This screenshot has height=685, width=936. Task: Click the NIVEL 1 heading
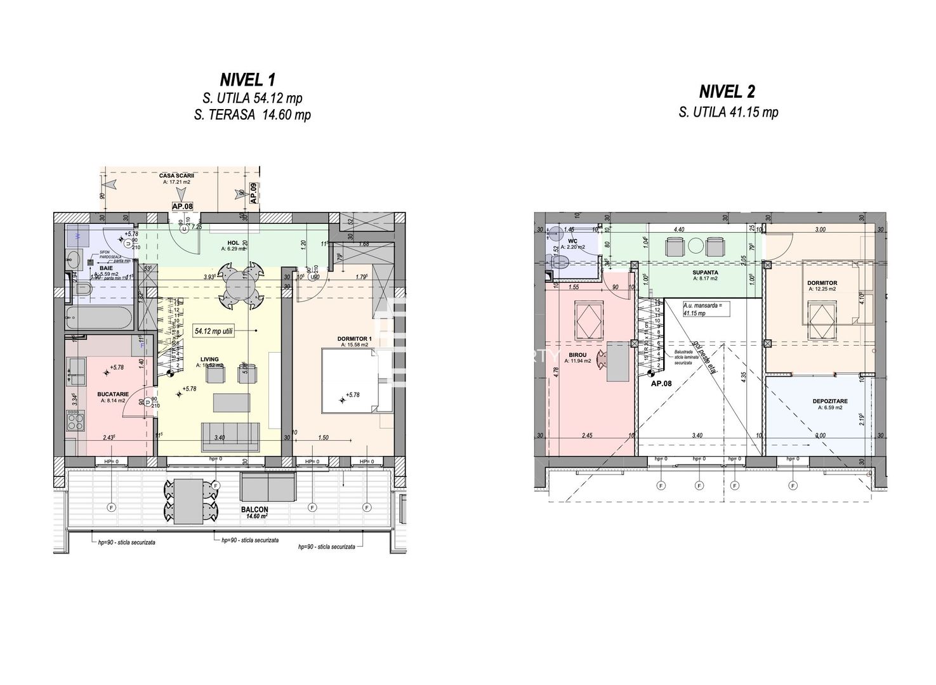247,80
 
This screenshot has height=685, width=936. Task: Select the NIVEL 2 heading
727,92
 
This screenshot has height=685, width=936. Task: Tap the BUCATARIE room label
112,394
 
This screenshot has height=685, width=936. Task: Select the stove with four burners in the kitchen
76,419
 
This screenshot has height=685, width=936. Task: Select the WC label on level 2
572,241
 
